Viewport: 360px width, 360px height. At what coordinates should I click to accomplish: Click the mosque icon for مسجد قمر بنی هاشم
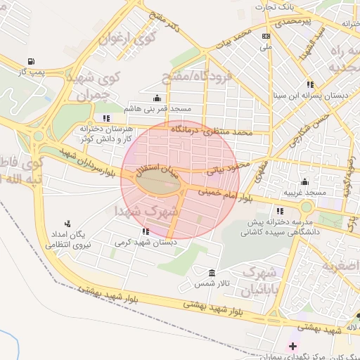[x=156, y=98]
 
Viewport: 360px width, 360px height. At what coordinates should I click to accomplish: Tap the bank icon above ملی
[x=265, y=37]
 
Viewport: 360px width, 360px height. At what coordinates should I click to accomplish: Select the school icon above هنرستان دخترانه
[x=105, y=117]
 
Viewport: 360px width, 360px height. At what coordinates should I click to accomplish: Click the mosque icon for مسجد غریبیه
[x=304, y=181]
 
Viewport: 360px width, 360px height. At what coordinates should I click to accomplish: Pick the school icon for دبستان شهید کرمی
[x=146, y=231]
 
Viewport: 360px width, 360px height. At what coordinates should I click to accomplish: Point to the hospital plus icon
[x=292, y=346]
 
